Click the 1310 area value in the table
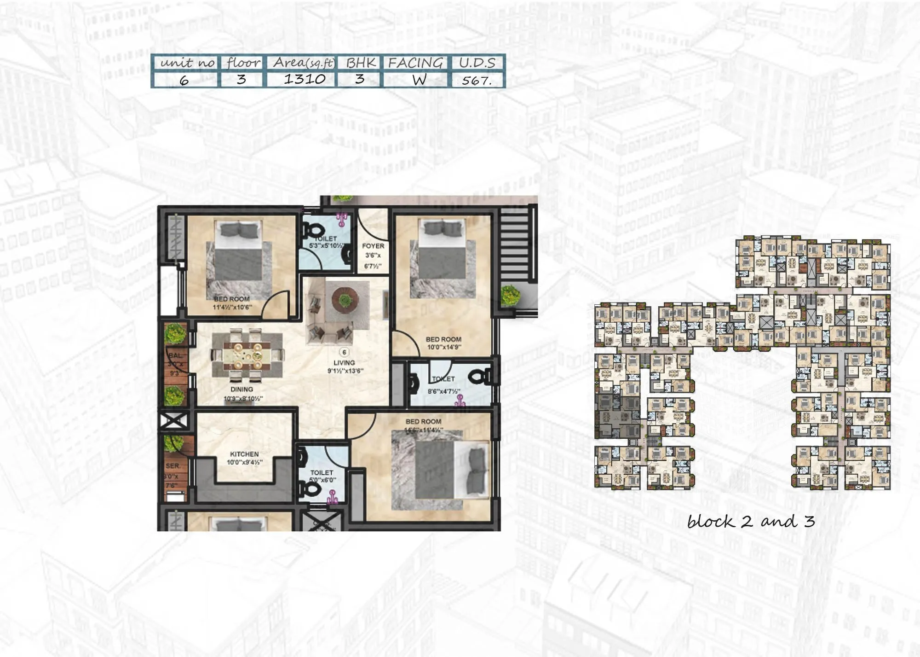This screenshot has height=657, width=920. click(305, 79)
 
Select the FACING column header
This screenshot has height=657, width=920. click(415, 63)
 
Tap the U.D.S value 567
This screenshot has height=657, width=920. click(477, 81)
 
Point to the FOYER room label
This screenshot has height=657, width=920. click(373, 246)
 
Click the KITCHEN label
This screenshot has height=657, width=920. click(244, 454)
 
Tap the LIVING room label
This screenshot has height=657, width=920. click(344, 363)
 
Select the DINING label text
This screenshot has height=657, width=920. click(241, 390)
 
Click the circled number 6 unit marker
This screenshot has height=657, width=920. click(344, 352)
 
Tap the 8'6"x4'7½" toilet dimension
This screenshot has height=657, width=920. click(444, 391)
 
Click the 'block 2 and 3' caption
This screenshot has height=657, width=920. click(751, 522)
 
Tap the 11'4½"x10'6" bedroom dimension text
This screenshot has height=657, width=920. click(232, 307)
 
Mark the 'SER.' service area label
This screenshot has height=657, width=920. click(172, 466)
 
